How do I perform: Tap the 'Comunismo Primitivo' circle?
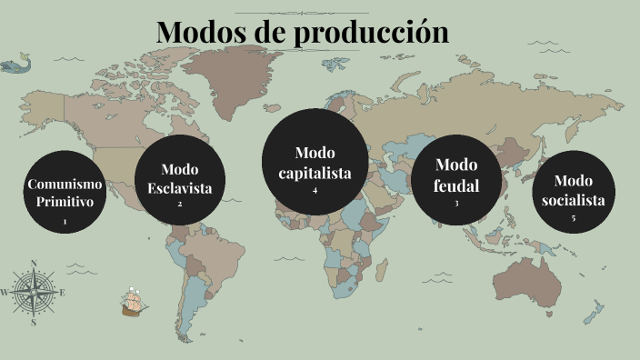65,193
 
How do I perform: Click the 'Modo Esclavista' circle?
179,178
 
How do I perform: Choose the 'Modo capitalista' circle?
315,163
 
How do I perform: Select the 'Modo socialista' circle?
573,192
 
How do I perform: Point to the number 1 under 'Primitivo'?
65,222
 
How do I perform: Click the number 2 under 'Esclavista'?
179,204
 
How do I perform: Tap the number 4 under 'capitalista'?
315,191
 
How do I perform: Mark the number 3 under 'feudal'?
456,203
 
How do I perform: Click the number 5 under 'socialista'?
573,218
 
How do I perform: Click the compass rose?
34,292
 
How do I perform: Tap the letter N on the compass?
34,265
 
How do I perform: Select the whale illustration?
15,65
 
